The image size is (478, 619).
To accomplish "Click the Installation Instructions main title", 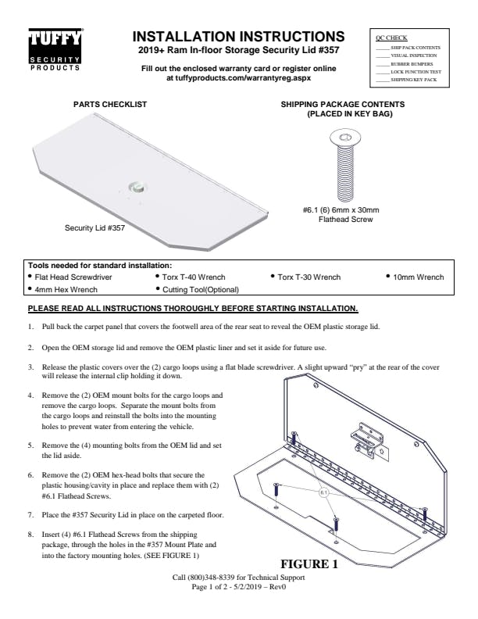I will pos(238,37).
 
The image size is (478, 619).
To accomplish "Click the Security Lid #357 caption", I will pos(95,229).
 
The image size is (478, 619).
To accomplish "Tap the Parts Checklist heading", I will pos(110,104).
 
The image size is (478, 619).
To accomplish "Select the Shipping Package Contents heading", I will pos(342,109).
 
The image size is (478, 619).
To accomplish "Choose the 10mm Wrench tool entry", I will pos(418,277).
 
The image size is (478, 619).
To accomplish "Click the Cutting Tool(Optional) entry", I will pos(194,289).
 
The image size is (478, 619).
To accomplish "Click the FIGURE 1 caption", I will pos(309,564).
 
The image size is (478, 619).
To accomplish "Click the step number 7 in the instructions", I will pos(30,515).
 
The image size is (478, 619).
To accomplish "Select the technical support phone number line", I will pos(239,578).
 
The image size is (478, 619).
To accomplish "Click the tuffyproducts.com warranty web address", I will pos(238,78).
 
